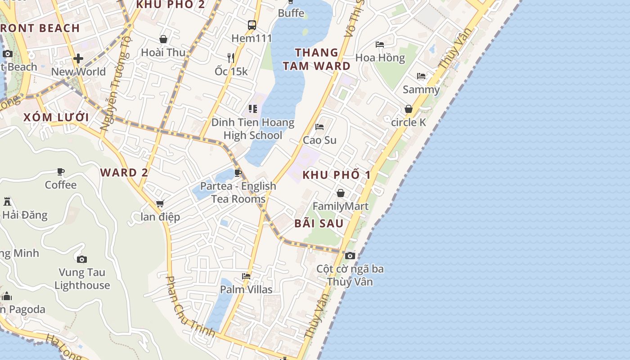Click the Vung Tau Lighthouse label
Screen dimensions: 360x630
[82, 279]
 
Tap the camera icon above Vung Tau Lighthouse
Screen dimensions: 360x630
[81, 259]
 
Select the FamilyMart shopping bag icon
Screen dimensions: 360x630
[341, 193]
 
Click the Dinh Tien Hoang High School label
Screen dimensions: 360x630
[252, 129]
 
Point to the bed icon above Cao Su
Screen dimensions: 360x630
[319, 127]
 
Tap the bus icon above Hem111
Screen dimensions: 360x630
[252, 25]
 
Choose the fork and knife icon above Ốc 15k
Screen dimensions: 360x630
[231, 58]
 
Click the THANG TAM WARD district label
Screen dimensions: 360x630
[316, 59]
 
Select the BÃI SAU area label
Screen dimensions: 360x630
[319, 223]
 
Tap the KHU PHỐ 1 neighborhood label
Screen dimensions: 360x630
[337, 175]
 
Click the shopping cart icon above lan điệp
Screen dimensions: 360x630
[160, 204]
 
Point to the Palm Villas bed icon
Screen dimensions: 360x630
[246, 276]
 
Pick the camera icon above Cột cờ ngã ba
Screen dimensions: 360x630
[350, 256]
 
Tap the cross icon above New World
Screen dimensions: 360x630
[78, 58]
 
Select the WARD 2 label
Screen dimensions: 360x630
[124, 172]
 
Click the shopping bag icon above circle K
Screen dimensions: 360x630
[409, 109]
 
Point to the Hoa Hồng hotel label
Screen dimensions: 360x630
[380, 58]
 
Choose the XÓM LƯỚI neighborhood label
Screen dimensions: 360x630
[56, 117]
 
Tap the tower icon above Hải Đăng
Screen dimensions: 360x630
[7, 201]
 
